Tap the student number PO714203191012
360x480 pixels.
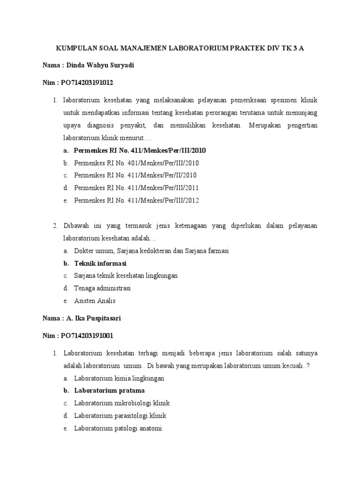click(87, 82)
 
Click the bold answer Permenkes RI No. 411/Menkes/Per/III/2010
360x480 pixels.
click(140, 150)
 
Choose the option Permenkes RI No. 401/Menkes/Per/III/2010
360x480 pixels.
click(136, 163)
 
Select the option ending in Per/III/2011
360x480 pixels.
click(136, 187)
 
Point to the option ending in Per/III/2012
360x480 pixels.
click(136, 200)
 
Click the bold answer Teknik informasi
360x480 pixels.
click(100, 263)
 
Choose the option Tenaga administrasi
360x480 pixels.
click(102, 288)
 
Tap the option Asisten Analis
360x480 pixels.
click(95, 301)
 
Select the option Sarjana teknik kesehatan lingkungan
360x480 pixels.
click(126, 276)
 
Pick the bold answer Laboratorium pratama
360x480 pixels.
click(109, 390)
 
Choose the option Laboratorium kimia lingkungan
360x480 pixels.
click(119, 378)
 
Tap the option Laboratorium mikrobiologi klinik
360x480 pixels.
click(122, 403)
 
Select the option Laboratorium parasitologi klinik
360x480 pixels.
click(120, 416)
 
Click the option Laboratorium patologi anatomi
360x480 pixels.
click(118, 428)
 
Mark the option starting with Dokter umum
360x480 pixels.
click(151, 251)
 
